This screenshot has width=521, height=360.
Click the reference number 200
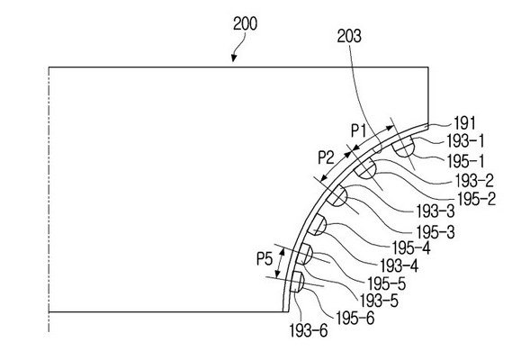pyautogui.click(x=245, y=24)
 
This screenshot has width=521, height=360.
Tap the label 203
pyautogui.click(x=349, y=36)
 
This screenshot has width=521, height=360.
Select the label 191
pyautogui.click(x=465, y=123)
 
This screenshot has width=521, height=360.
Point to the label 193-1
pyautogui.click(x=465, y=141)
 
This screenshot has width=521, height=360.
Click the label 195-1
pyautogui.click(x=465, y=161)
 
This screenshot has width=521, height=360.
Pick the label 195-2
pyautogui.click(x=477, y=199)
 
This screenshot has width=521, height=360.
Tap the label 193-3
pyautogui.click(x=436, y=211)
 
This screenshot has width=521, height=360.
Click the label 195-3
pyautogui.click(x=436, y=231)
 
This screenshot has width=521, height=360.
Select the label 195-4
pyautogui.click(x=411, y=247)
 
